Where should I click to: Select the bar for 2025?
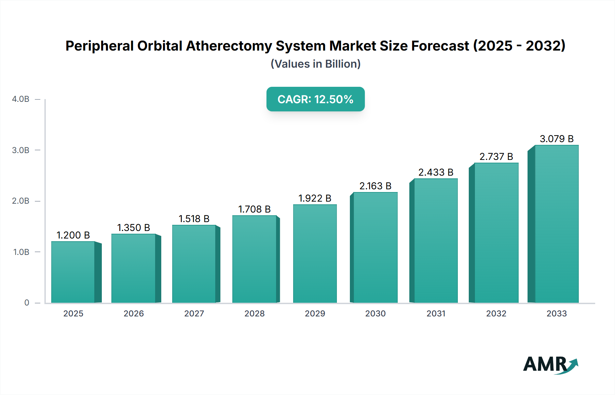[73, 272]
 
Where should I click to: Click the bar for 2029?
[315, 254]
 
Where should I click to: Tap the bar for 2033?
[557, 224]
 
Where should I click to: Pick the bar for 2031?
[436, 241]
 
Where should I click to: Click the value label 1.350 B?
[134, 228]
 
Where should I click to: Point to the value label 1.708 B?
[254, 209]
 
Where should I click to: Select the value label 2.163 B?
[375, 186]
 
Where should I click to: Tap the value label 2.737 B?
[496, 156]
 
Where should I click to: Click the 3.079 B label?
[557, 139]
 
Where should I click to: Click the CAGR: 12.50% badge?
[315, 99]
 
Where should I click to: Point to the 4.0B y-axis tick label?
[20, 99]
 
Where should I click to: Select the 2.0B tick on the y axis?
[20, 201]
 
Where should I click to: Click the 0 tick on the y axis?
[27, 303]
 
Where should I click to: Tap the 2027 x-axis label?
[194, 313]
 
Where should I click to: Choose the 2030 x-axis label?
[375, 313]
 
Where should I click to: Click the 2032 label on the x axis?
[496, 313]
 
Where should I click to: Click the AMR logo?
[550, 365]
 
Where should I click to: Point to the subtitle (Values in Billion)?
[315, 64]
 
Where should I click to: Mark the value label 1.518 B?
[194, 219]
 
